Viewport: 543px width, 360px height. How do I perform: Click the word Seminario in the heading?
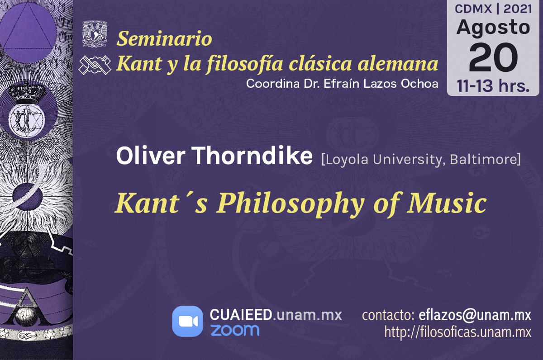[x=164, y=38]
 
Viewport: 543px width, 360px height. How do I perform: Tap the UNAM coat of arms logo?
[x=95, y=33]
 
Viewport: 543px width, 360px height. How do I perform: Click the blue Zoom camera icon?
[x=187, y=321]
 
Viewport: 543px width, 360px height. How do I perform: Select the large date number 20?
[x=493, y=57]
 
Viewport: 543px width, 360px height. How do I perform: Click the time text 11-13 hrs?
[x=493, y=86]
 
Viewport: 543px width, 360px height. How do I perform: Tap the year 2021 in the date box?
[x=518, y=9]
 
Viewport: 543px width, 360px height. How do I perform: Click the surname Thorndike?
[x=252, y=156]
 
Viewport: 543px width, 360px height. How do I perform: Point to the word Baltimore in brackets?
[x=485, y=160]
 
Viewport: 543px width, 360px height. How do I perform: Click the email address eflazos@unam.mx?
[x=475, y=315]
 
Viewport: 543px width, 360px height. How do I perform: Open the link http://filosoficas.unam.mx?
[x=457, y=332]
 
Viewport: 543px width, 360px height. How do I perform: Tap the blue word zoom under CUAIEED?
[x=235, y=330]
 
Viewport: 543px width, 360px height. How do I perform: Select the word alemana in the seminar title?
[x=398, y=63]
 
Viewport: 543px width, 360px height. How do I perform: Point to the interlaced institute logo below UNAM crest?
[x=95, y=65]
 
